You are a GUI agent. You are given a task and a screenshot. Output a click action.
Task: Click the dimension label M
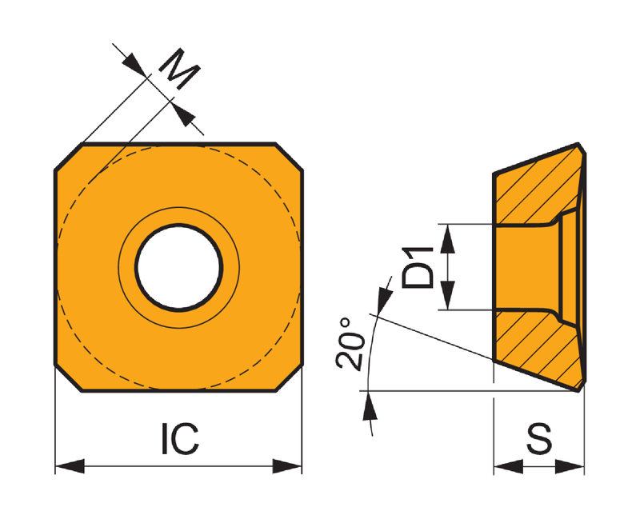pos(178,69)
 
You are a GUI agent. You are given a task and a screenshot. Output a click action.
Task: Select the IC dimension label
pos(181,438)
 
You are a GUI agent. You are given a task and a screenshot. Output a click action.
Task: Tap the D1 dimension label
pos(417,267)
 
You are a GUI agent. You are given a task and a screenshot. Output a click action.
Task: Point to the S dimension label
pos(538,438)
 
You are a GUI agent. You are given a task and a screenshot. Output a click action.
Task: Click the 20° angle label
pos(350,344)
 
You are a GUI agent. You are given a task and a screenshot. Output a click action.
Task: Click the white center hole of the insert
pos(178,268)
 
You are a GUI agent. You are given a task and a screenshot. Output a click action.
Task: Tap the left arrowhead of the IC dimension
pos(70,466)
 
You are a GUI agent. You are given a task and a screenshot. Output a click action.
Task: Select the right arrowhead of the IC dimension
pos(287,466)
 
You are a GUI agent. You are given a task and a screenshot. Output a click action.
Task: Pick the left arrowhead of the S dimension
pos(509,466)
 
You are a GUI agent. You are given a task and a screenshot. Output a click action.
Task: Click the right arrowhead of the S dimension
pos(570,466)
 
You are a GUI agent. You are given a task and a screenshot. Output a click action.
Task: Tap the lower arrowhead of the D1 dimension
pos(448,295)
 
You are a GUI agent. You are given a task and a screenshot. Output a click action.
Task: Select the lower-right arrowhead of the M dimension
pos(182,114)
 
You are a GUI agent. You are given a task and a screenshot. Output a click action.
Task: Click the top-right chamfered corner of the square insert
pos(290,156)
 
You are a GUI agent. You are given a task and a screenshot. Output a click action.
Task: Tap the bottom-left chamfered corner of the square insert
pos(68,378)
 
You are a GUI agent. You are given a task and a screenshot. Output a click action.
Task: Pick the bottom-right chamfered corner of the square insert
pos(290,378)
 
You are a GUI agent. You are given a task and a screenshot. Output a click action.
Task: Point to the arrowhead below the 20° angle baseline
pos(370,406)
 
